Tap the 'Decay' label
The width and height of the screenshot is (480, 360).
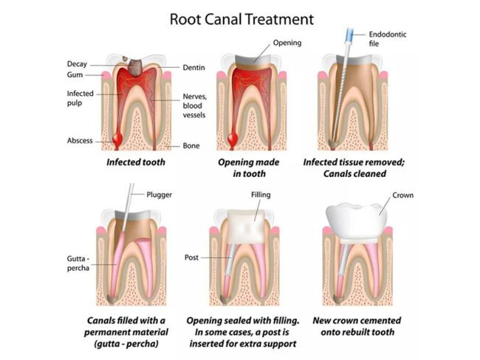pos(78,63)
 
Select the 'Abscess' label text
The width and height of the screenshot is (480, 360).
pos(80,141)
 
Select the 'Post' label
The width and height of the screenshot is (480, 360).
pos(191,258)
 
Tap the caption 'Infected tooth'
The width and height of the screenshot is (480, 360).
pos(135,161)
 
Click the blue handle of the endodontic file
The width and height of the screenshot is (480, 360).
pos(346,34)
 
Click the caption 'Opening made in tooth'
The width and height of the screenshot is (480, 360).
pos(242,167)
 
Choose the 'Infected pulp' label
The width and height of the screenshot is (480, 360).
pos(80,99)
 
